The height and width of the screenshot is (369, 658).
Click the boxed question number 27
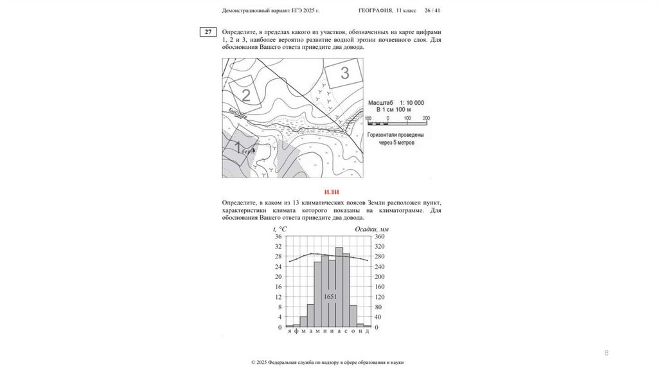tap(208, 32)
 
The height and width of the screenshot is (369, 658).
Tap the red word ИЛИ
tap(332, 192)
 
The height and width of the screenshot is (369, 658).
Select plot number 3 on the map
tap(344, 73)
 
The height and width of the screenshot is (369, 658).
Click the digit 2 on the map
tap(245, 96)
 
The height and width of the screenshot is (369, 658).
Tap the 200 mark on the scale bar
tap(425, 119)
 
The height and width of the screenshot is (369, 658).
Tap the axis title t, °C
tap(280, 229)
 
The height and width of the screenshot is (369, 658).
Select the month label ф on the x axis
tap(296, 331)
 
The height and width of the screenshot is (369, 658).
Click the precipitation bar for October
tap(353, 316)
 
